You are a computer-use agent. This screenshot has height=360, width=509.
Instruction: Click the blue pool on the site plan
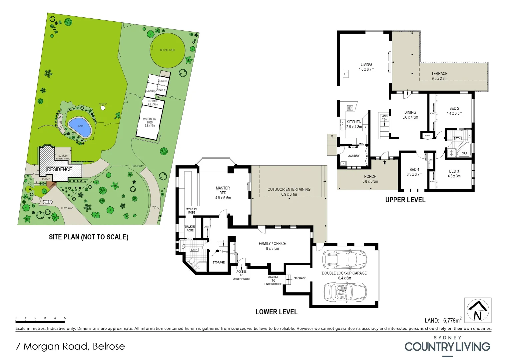pyautogui.click(x=80, y=127)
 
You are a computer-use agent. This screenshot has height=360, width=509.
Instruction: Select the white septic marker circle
pyautogui.click(x=103, y=108)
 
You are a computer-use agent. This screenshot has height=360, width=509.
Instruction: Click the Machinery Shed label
pyautogui.click(x=150, y=122)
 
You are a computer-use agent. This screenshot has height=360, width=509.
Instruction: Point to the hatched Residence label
pyautogui.click(x=59, y=169)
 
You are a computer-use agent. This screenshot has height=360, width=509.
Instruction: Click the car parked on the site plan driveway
pyautogui.click(x=47, y=202)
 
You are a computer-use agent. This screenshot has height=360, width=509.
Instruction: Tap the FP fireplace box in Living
pyautogui.click(x=346, y=74)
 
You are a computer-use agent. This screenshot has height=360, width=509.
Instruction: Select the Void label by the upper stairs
pyautogui.click(x=384, y=116)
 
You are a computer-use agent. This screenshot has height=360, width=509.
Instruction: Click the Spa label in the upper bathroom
pyautogui.click(x=464, y=153)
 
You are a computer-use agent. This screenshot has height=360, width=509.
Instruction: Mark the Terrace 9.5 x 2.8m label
pyautogui.click(x=439, y=76)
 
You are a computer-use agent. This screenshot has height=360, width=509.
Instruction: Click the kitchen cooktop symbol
pyautogui.click(x=350, y=108)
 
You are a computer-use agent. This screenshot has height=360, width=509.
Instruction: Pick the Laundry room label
pyautogui.click(x=353, y=156)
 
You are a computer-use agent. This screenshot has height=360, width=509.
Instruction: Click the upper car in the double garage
pyautogui.click(x=345, y=259)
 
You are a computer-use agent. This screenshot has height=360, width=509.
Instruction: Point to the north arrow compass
pyautogui.click(x=478, y=310)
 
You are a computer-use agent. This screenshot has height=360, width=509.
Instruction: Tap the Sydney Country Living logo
pyautogui.click(x=447, y=345)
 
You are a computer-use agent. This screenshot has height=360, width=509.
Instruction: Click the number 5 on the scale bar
pyautogui.click(x=65, y=318)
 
